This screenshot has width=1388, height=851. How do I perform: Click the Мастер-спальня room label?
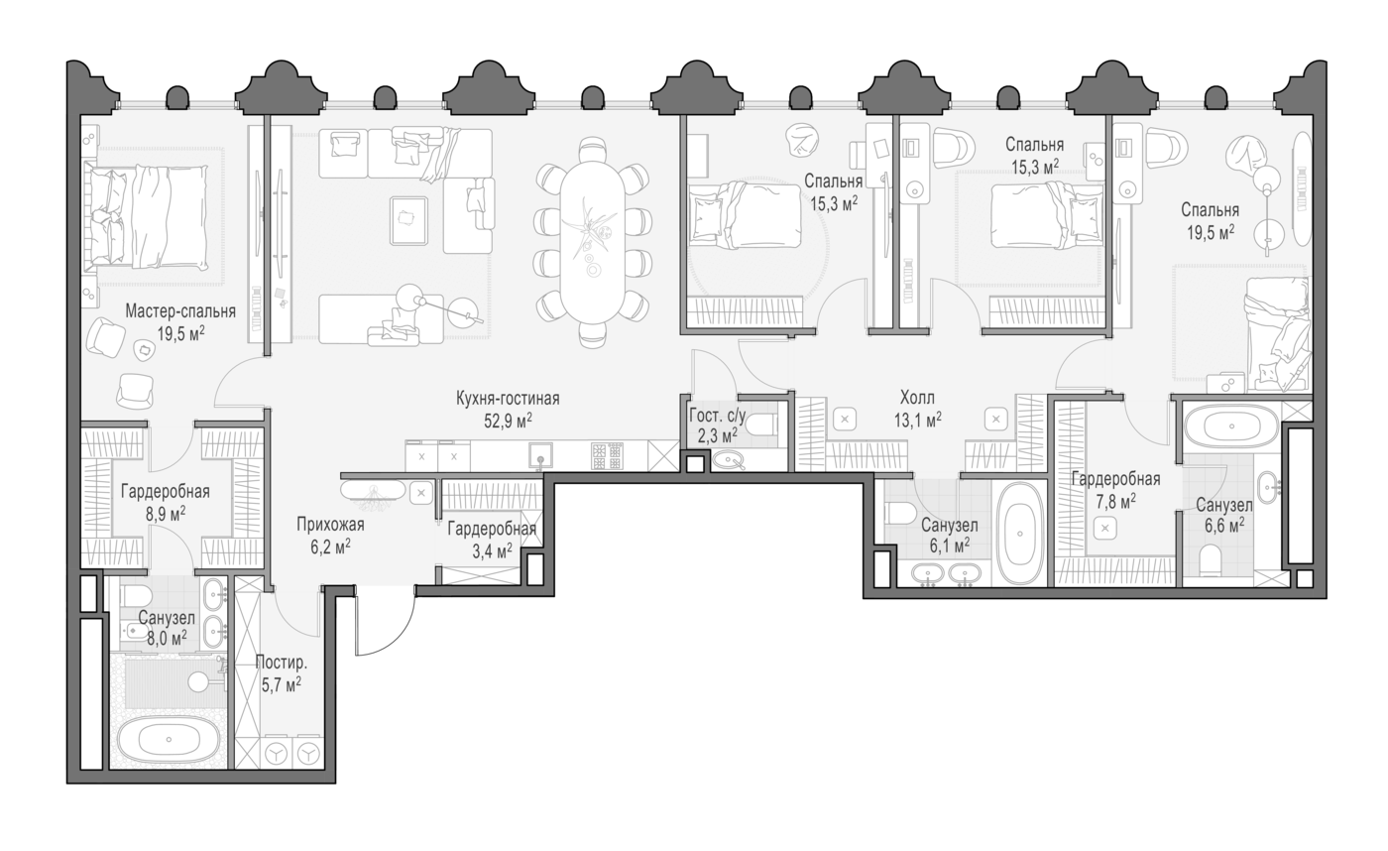point(180,310)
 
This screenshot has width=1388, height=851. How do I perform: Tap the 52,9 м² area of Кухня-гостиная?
point(508,421)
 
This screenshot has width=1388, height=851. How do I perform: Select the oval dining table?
point(593,242)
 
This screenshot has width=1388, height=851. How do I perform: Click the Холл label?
point(917,398)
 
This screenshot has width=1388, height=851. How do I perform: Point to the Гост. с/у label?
point(717,415)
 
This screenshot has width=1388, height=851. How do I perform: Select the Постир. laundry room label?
point(282,663)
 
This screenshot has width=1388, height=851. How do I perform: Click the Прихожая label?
point(330,525)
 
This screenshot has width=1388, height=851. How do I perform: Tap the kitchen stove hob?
point(607,456)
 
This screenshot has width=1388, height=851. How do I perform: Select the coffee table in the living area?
point(408,220)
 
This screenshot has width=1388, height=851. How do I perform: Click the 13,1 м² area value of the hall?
point(918,421)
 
